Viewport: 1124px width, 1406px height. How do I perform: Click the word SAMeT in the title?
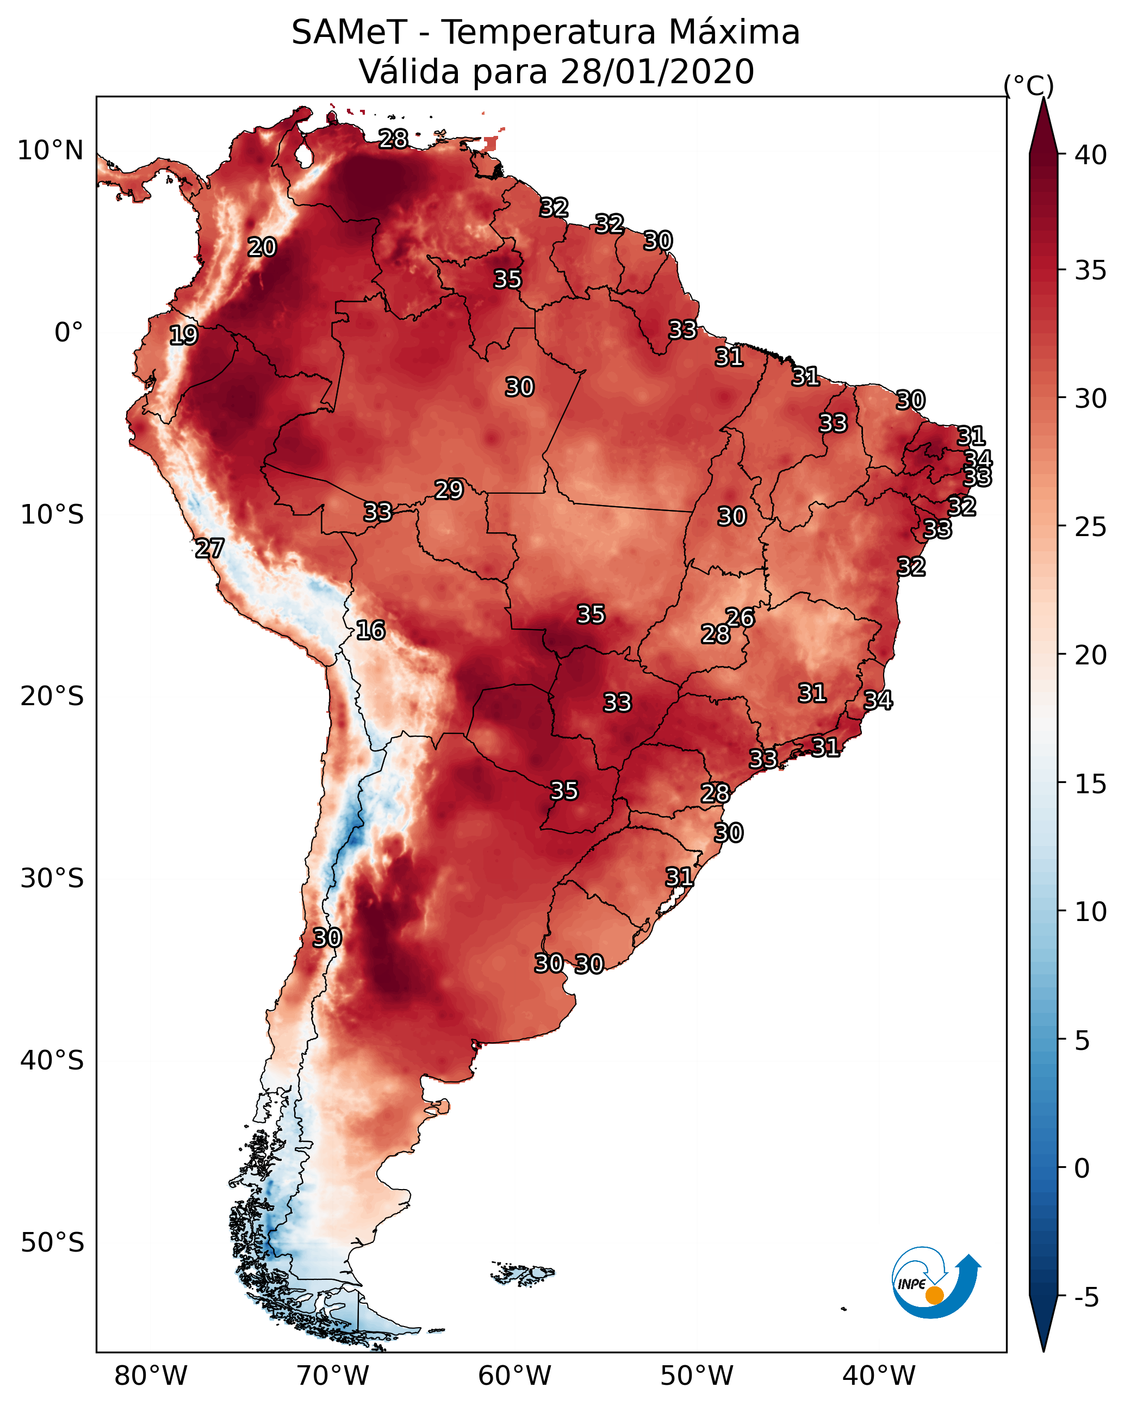point(349,33)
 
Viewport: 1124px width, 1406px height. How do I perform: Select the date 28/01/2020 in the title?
point(657,72)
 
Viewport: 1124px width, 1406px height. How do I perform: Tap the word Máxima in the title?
point(730,33)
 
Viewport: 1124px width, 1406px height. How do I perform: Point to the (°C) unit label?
point(1029,85)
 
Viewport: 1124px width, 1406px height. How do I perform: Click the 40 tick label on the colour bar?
point(1091,155)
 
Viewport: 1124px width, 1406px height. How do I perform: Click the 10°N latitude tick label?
point(50,151)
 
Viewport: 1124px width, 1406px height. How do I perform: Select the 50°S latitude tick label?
point(52,1243)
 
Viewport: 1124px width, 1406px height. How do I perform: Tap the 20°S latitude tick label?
point(52,696)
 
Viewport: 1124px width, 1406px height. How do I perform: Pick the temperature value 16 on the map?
point(370,630)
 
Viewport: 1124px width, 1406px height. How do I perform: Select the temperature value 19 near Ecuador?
point(183,335)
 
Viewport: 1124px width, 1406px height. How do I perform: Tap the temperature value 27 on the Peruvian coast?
point(209,549)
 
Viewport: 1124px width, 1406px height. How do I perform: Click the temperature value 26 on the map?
point(740,617)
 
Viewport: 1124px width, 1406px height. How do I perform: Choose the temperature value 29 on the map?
point(449,490)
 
